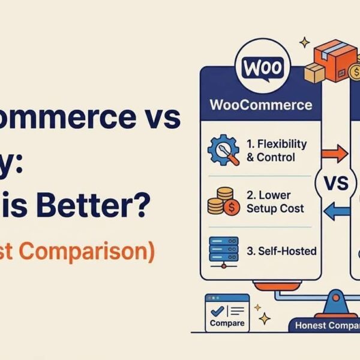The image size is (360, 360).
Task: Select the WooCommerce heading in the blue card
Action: tap(261, 105)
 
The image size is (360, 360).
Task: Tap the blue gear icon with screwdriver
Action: tap(223, 151)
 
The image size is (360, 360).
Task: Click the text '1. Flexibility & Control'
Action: tap(276, 151)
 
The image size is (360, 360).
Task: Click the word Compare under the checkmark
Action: tap(227, 323)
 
